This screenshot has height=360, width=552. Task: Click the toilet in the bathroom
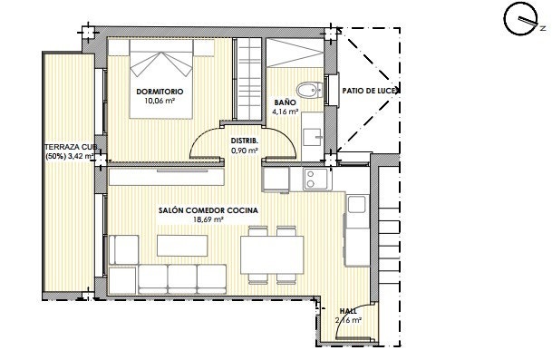(x=310, y=90)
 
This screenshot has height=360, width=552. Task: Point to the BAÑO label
(x=283, y=103)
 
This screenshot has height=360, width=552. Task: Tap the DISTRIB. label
(x=245, y=141)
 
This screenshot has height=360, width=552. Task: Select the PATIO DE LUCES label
(x=371, y=91)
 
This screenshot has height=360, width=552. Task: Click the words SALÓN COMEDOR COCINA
(x=208, y=209)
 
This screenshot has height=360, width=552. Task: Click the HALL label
(x=348, y=310)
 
